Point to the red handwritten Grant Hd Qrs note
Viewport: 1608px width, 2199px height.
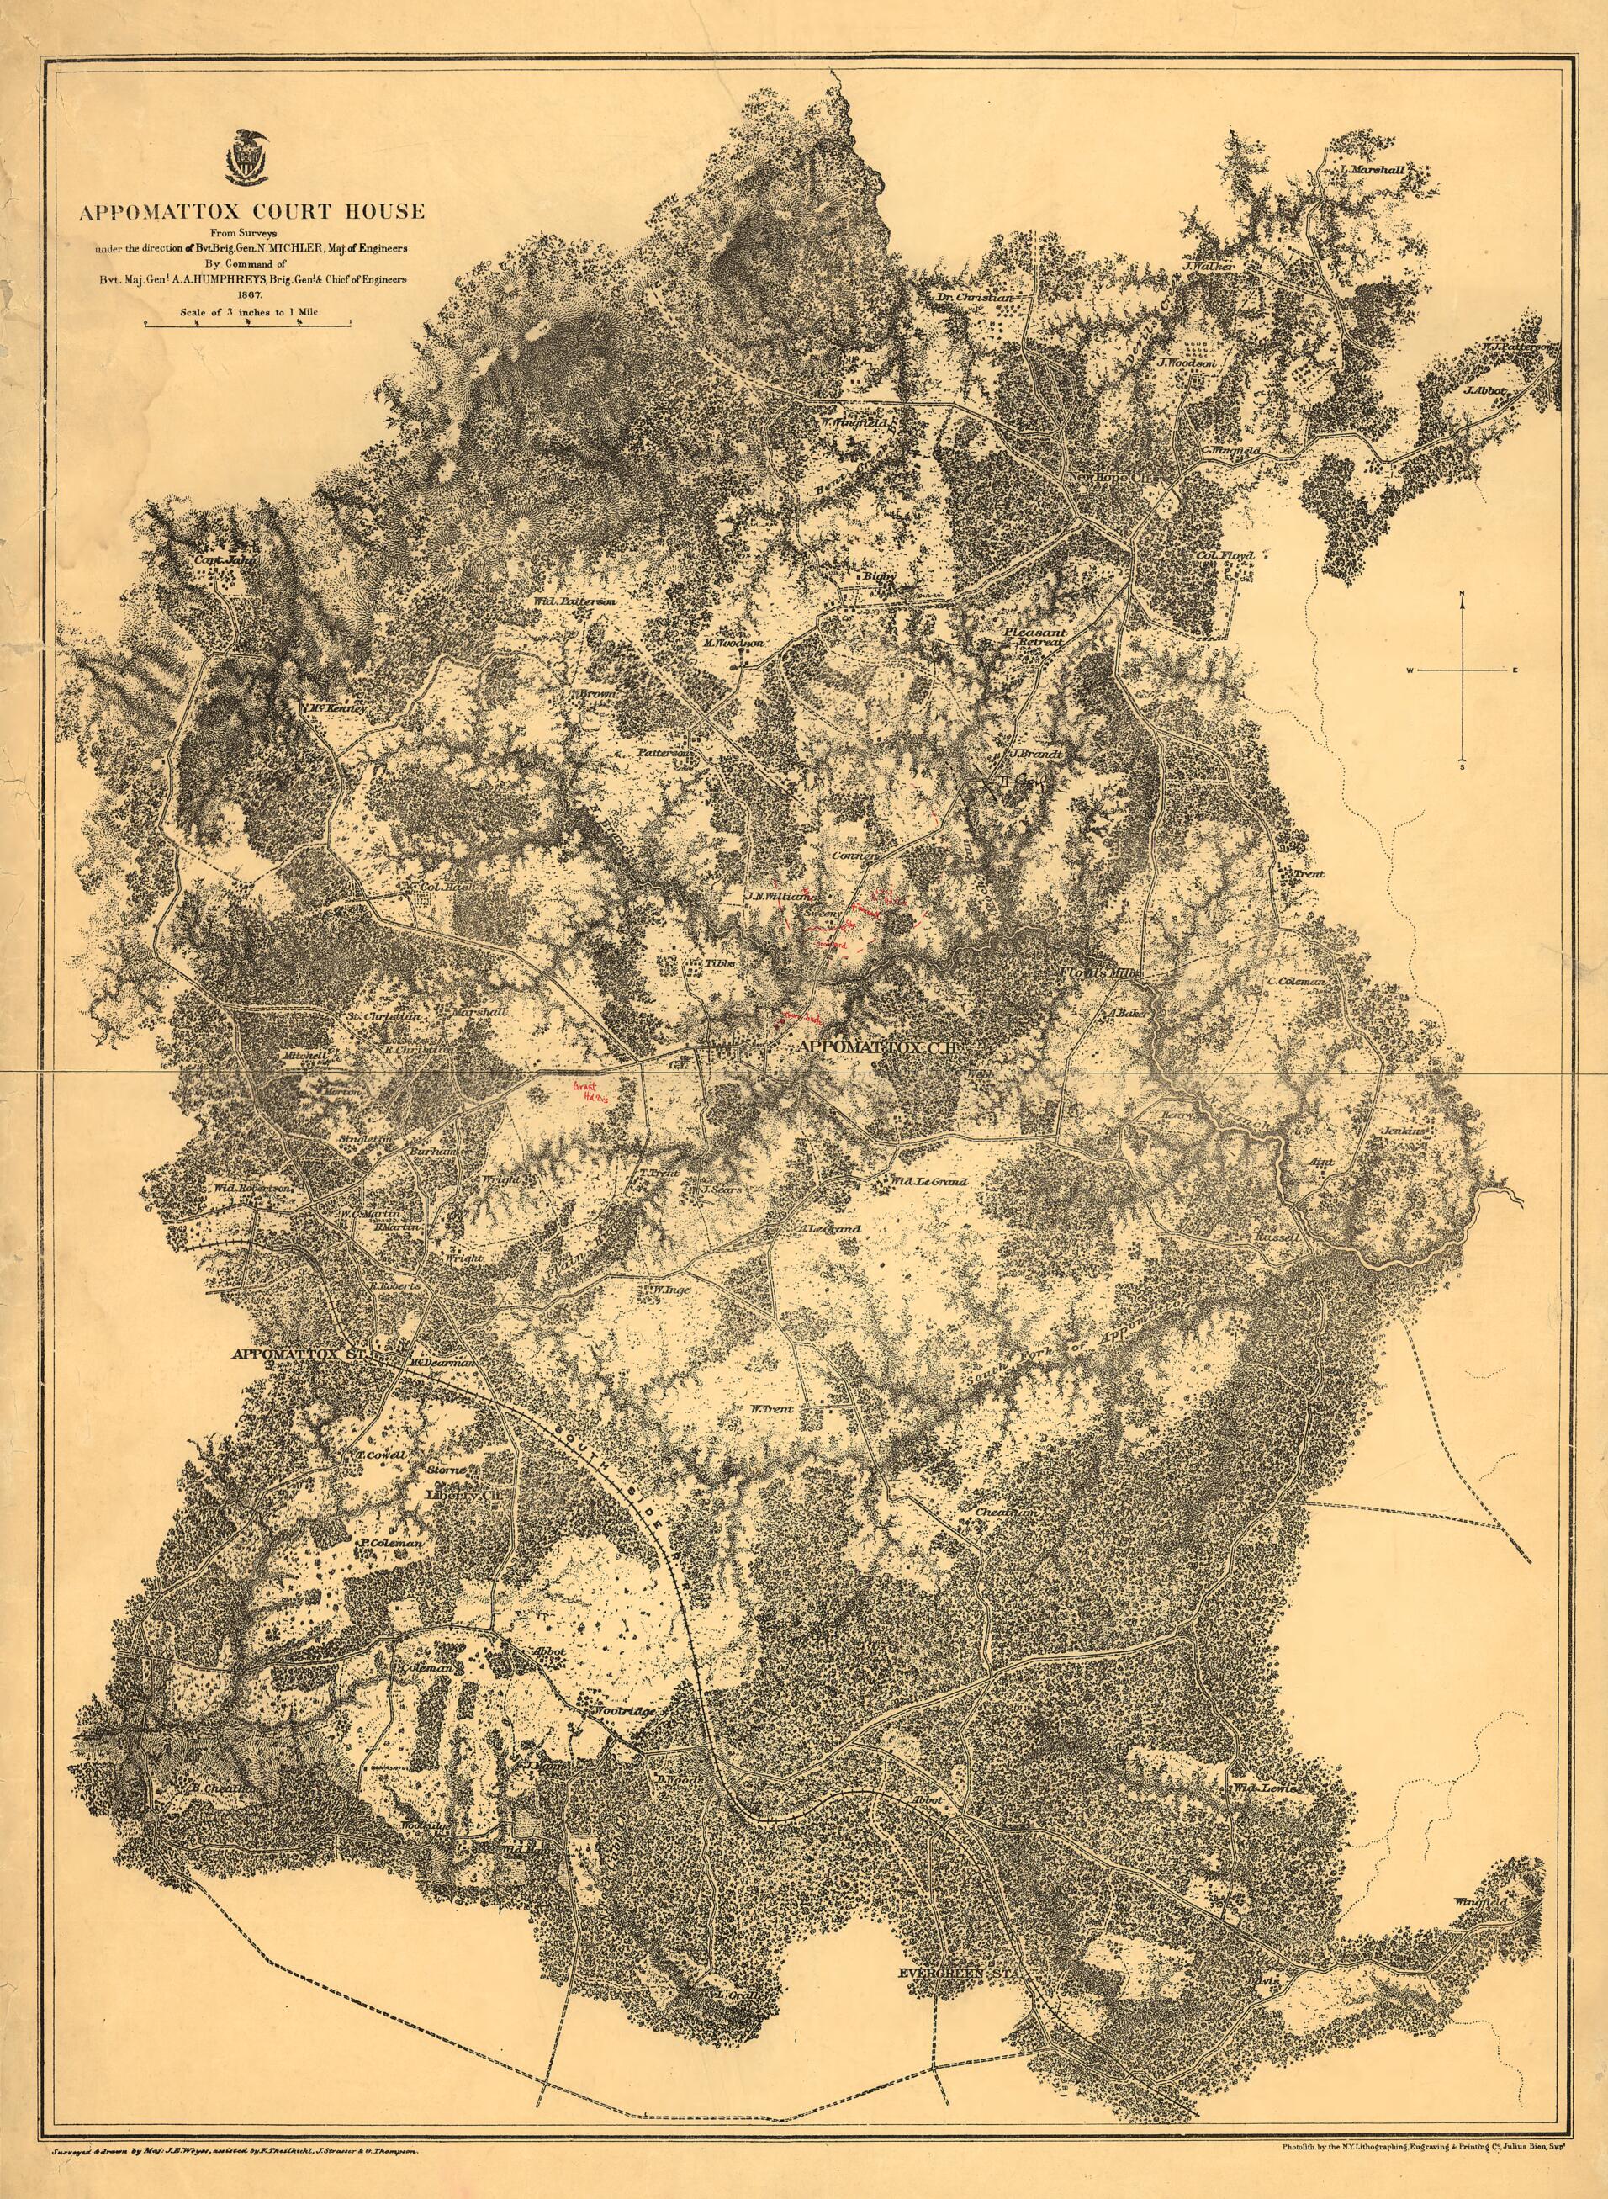pyautogui.click(x=588, y=1090)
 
